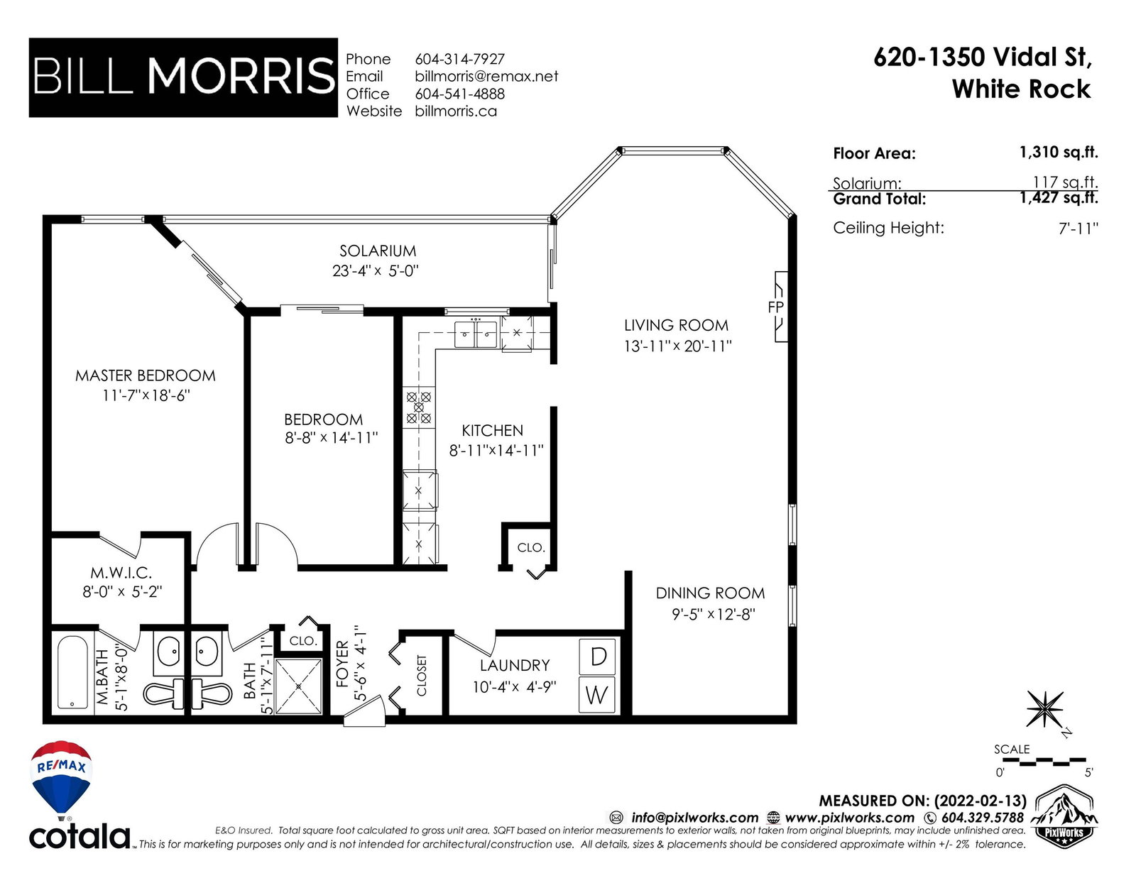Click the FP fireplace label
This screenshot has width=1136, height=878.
click(x=776, y=307)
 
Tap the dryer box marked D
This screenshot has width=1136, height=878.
click(x=597, y=657)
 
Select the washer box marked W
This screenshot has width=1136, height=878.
click(x=597, y=695)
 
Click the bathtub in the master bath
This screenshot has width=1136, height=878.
click(x=72, y=672)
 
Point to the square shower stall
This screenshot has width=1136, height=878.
click(x=298, y=686)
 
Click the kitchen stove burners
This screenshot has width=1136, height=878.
click(x=419, y=407)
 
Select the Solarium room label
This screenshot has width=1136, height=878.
click(x=378, y=251)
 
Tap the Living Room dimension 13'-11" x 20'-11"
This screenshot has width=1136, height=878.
click(x=677, y=346)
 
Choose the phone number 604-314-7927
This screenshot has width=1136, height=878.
click(x=459, y=59)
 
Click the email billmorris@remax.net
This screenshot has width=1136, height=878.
click(x=486, y=77)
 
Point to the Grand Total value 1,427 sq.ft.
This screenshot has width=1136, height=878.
click(x=1059, y=198)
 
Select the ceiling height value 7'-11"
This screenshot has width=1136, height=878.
click(x=1078, y=229)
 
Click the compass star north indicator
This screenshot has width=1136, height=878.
click(x=1044, y=709)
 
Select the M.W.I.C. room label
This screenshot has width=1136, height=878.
click(x=121, y=573)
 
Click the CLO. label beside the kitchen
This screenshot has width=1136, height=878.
click(x=530, y=548)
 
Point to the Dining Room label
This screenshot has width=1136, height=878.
click(x=710, y=593)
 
